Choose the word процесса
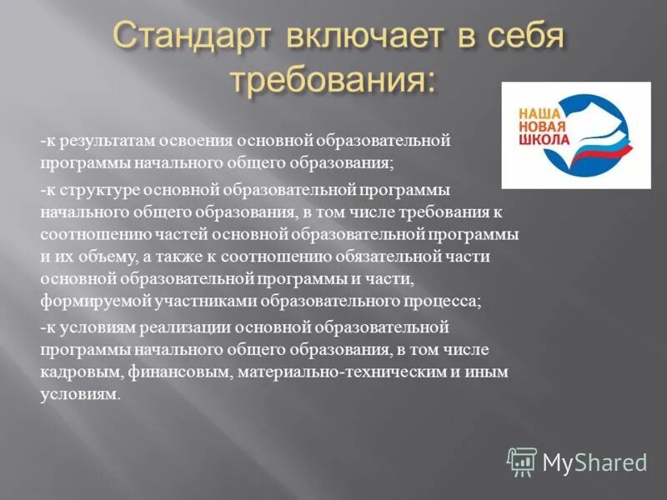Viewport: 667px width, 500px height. coord(443,300)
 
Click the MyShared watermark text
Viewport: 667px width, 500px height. coord(594,462)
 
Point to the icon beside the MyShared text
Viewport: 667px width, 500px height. coord(523,461)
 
